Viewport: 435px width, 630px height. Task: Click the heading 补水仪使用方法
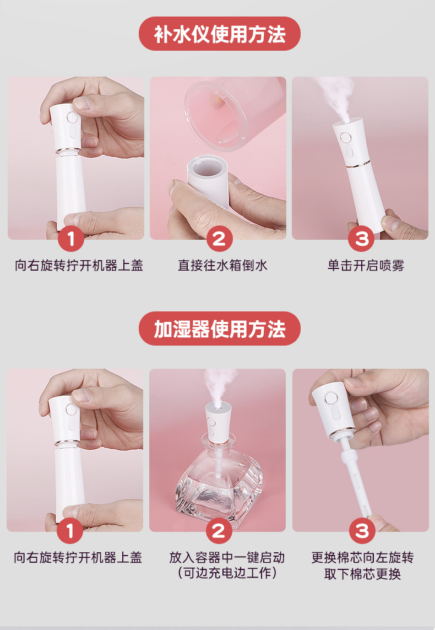(x=220, y=34)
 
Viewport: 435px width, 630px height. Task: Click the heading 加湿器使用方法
(x=220, y=329)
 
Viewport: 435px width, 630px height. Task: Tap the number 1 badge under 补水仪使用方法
(x=71, y=239)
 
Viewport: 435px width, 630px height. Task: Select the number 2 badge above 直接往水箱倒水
(x=219, y=239)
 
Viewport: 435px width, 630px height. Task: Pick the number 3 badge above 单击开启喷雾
(x=361, y=239)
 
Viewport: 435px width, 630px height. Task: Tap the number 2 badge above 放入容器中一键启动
(x=219, y=531)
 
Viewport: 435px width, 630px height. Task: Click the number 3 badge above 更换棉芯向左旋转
(x=362, y=531)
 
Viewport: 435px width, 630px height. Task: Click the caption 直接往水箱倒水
(x=222, y=266)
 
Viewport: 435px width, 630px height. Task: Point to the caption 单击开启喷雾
(x=366, y=266)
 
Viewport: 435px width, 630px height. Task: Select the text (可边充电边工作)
(x=227, y=573)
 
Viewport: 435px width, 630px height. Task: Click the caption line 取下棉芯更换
(x=362, y=574)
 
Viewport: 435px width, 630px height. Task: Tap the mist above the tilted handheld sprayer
(x=336, y=96)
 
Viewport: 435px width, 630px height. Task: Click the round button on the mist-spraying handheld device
(x=345, y=138)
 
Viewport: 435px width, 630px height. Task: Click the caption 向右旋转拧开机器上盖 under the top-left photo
(x=79, y=266)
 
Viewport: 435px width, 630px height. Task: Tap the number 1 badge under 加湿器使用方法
(x=70, y=531)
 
